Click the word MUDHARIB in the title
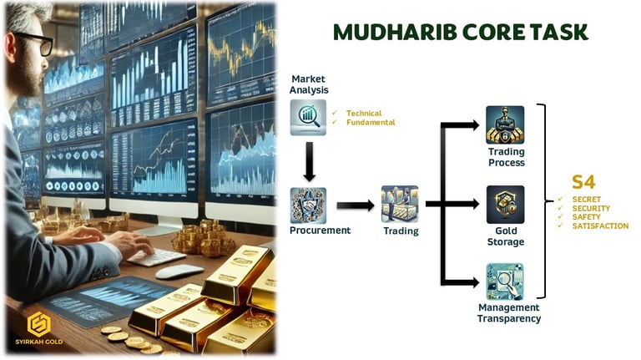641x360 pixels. (388, 32)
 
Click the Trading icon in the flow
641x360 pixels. (399, 204)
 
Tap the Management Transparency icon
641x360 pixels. (505, 282)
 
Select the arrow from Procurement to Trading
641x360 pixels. (354, 205)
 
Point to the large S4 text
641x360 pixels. (583, 181)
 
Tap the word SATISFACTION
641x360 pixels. (600, 226)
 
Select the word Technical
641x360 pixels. (364, 113)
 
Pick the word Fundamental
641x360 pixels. (371, 122)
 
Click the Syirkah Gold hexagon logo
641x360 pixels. (39, 322)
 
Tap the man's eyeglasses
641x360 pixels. (33, 42)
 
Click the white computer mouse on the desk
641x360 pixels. (179, 271)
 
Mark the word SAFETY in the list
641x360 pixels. (588, 216)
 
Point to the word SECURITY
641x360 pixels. (591, 207)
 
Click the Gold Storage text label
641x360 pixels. (505, 236)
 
